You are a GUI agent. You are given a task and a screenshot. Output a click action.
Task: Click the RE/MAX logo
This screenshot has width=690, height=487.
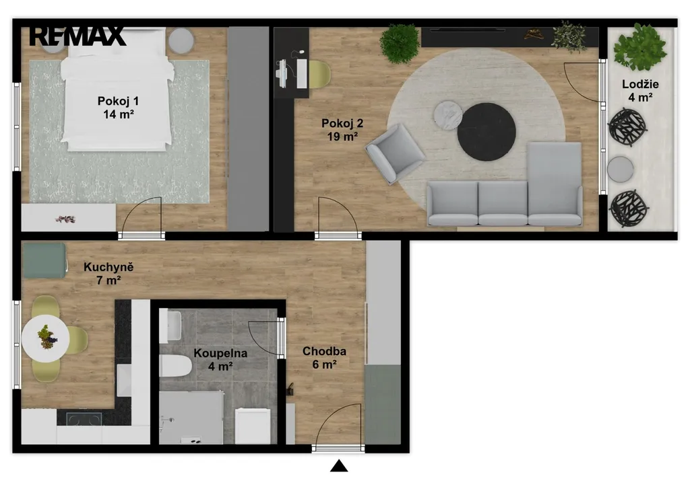(x=77, y=36)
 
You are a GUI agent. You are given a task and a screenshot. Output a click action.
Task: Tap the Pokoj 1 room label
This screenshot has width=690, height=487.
(x=119, y=108)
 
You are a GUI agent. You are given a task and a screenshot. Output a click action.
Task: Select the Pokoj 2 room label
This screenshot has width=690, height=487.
(x=342, y=130)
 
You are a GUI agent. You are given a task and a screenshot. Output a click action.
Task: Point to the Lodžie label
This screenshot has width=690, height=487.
(x=640, y=90)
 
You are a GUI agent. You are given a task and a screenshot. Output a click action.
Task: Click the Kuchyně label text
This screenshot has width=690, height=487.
(x=108, y=273)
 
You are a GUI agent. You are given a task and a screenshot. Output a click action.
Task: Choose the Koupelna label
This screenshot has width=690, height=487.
(x=220, y=359)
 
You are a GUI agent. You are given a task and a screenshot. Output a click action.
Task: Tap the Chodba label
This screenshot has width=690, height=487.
(x=324, y=357)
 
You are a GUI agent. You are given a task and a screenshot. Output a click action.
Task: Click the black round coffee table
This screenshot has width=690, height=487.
(x=487, y=133)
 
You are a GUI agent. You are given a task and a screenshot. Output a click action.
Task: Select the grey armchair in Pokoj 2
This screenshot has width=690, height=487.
(x=395, y=153)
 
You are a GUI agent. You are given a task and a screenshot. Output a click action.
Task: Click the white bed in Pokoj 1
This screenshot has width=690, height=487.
(x=117, y=89)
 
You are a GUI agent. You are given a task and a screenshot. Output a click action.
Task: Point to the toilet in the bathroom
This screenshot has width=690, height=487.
(x=175, y=365)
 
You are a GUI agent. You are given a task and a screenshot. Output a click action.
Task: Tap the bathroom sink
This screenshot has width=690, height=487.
(x=170, y=326)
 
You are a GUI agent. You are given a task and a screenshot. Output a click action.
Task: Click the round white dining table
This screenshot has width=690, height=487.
(x=45, y=338)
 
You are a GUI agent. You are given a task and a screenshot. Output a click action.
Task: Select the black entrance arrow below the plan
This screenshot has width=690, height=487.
(x=339, y=465)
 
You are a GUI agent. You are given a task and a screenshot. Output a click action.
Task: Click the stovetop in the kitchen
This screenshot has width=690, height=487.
(x=84, y=419)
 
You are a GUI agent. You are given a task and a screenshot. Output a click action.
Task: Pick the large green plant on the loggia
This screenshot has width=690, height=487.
(x=639, y=47)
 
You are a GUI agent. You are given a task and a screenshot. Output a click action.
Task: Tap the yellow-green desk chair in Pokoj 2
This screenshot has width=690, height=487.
(x=319, y=74)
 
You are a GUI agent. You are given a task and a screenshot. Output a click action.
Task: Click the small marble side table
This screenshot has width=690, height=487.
(x=448, y=116)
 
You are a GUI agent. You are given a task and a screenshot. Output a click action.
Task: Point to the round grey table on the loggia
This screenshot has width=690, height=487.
(x=621, y=169)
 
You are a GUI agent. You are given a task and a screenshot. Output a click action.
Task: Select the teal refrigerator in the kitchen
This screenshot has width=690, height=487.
(x=44, y=260)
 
